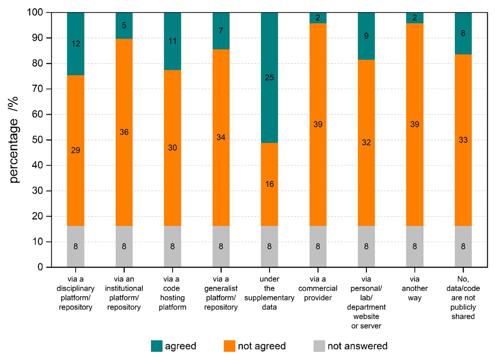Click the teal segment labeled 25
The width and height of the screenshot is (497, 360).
click(x=269, y=78)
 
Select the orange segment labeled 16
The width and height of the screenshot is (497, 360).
click(x=269, y=184)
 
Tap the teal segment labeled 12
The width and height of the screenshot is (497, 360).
click(x=76, y=44)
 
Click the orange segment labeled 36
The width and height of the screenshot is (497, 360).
click(x=124, y=133)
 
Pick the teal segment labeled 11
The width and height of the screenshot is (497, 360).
click(x=172, y=41)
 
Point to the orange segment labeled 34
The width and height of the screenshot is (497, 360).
click(x=221, y=138)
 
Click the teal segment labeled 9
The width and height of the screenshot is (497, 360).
click(x=366, y=36)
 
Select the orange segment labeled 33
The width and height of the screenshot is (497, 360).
click(x=463, y=140)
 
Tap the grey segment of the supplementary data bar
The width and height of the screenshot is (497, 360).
click(x=269, y=246)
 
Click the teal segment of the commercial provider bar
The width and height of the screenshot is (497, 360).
click(x=318, y=18)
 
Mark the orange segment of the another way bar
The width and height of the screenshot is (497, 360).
click(x=415, y=125)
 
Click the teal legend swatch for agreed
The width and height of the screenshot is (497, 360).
click(x=157, y=346)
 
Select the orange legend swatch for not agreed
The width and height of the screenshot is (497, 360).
click(x=229, y=346)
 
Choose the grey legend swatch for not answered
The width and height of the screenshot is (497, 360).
click(x=319, y=346)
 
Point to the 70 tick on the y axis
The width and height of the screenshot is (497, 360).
click(x=49, y=89)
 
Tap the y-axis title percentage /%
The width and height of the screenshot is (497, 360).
click(x=14, y=140)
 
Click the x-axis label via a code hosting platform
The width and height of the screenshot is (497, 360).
click(x=172, y=293)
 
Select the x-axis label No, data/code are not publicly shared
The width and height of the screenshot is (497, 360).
click(x=463, y=297)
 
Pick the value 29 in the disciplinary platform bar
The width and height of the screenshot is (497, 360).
click(x=76, y=150)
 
